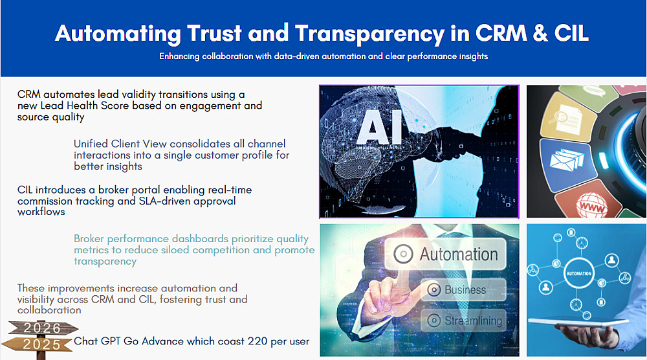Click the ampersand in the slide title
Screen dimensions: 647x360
point(540,33)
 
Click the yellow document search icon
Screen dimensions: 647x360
point(567,118)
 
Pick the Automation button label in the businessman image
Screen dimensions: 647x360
point(459,254)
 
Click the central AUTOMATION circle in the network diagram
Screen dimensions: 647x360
point(578,273)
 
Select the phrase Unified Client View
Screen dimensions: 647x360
point(120,144)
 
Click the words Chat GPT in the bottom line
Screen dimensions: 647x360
point(98,341)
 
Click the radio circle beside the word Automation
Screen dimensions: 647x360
point(403,254)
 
